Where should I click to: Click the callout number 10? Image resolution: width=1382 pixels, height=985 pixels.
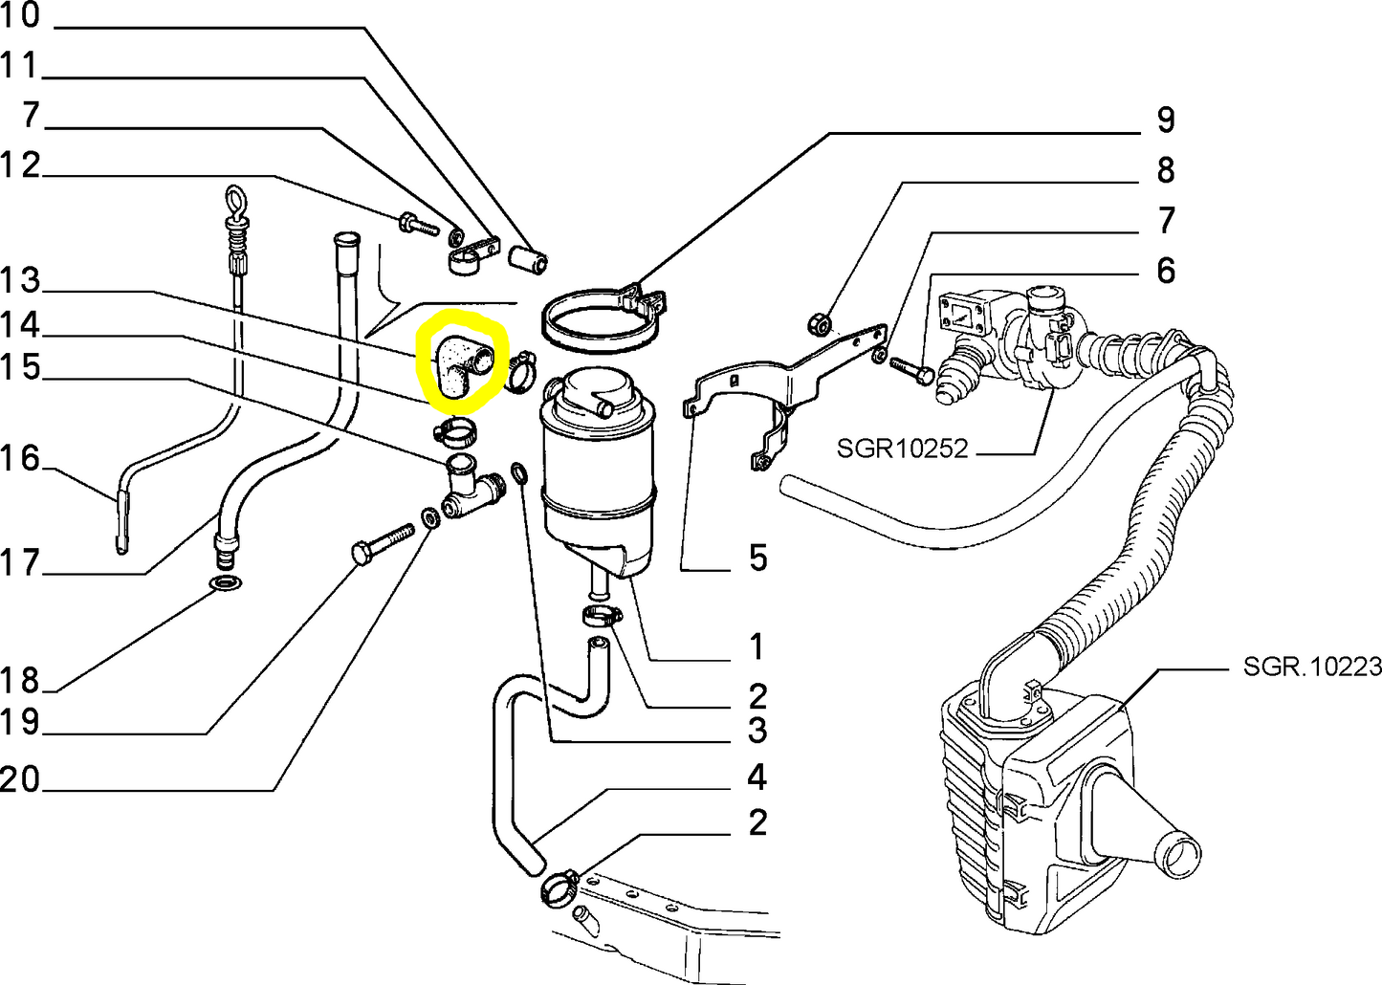21,16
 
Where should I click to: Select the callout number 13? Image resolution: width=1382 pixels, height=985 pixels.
21,281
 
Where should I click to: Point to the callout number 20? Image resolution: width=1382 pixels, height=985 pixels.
21,780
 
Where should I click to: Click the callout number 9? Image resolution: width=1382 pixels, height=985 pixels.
1165,120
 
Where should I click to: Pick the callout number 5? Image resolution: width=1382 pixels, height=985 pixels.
757,558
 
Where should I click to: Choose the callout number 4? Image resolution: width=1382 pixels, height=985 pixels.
757,777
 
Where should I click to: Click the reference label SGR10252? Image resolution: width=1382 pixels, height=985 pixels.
902,449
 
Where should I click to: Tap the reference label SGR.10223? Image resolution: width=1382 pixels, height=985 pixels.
1312,666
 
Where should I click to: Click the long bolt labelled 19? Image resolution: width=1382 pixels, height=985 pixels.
383,542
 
